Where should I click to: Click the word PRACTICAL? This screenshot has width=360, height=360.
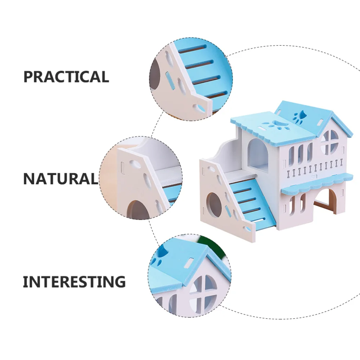coord(66,77)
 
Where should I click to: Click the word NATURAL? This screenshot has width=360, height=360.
coord(60,179)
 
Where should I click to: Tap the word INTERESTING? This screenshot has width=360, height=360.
coord(74,282)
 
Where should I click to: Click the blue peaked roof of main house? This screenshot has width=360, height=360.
coord(313,115)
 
